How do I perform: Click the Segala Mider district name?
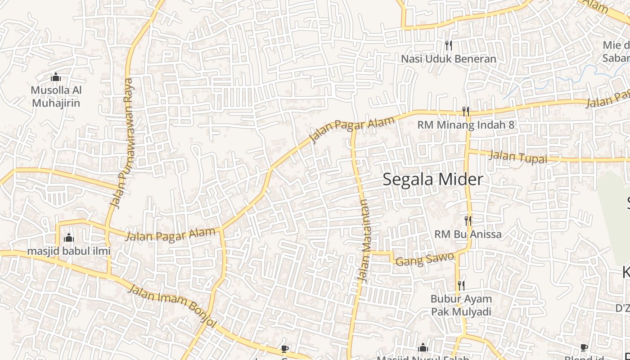[433, 179]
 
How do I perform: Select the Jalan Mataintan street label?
[364, 240]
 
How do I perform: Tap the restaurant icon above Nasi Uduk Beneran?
[448, 45]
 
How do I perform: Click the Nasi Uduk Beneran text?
[448, 59]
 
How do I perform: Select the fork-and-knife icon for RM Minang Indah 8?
[466, 111]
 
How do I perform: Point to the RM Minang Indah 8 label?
[466, 125]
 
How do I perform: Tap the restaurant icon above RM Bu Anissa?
[468, 220]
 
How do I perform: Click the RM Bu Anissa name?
[468, 234]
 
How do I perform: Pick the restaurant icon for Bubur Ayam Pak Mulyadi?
[461, 285]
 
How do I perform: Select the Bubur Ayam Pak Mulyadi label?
[461, 305]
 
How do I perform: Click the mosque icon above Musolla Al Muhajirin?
[56, 77]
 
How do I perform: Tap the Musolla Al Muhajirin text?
[56, 96]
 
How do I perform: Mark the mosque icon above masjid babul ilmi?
[69, 237]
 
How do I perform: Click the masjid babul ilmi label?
[69, 251]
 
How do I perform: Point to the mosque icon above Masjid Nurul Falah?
[423, 347]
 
